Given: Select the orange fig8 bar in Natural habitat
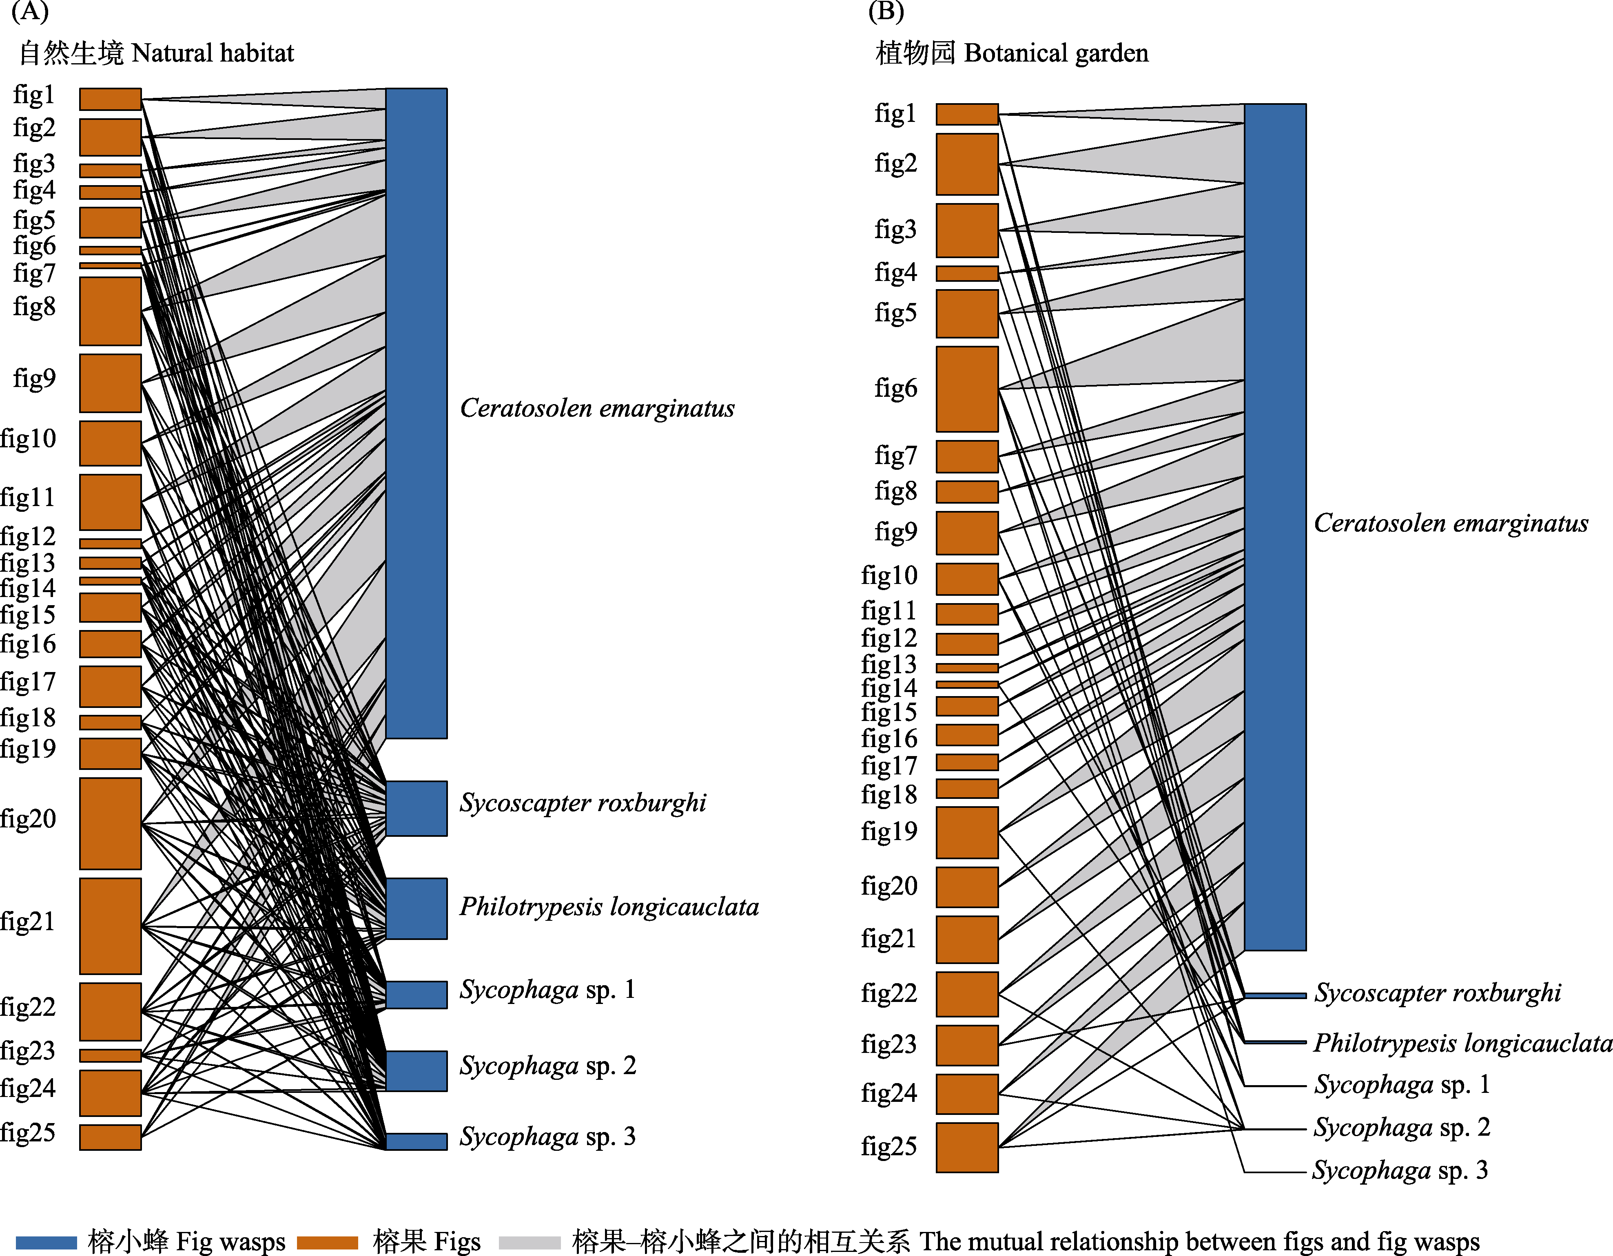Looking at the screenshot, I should [110, 311].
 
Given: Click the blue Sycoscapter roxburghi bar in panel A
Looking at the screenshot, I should [416, 808].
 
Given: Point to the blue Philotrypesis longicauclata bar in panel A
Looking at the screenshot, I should [416, 908].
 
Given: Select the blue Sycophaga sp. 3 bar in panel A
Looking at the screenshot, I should [416, 1141].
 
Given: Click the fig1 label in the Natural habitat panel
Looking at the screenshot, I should [34, 95].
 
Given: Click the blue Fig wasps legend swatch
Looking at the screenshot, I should [46, 1243].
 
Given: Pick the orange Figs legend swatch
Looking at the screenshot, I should [327, 1243].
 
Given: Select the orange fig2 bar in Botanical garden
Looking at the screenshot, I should [967, 164].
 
